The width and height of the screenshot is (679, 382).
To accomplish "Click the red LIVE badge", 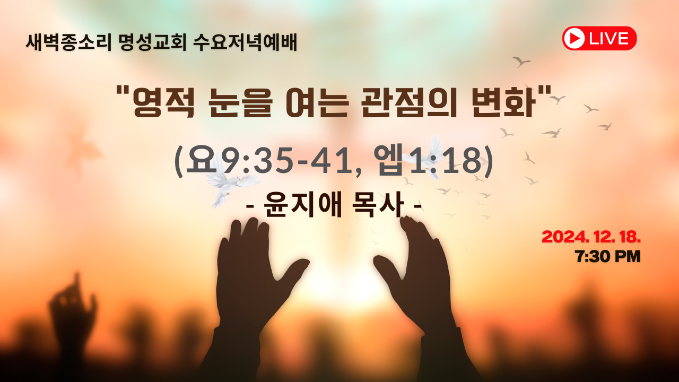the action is pos(599,38).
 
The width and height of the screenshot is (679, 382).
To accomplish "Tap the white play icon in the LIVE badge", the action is pos(573,38).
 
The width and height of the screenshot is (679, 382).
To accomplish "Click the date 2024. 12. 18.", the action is pos(591,237).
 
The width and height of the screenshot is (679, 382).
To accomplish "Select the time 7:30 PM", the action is pos(608,256).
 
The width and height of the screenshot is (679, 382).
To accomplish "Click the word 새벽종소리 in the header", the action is pos(69,42).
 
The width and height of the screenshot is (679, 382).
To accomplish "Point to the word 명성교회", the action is pos(152,42).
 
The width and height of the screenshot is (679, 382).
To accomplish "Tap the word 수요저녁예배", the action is pos(245,42).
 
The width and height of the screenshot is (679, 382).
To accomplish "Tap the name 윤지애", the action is pos(303,205).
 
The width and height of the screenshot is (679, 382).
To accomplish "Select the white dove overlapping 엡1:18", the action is pos(427,158).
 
